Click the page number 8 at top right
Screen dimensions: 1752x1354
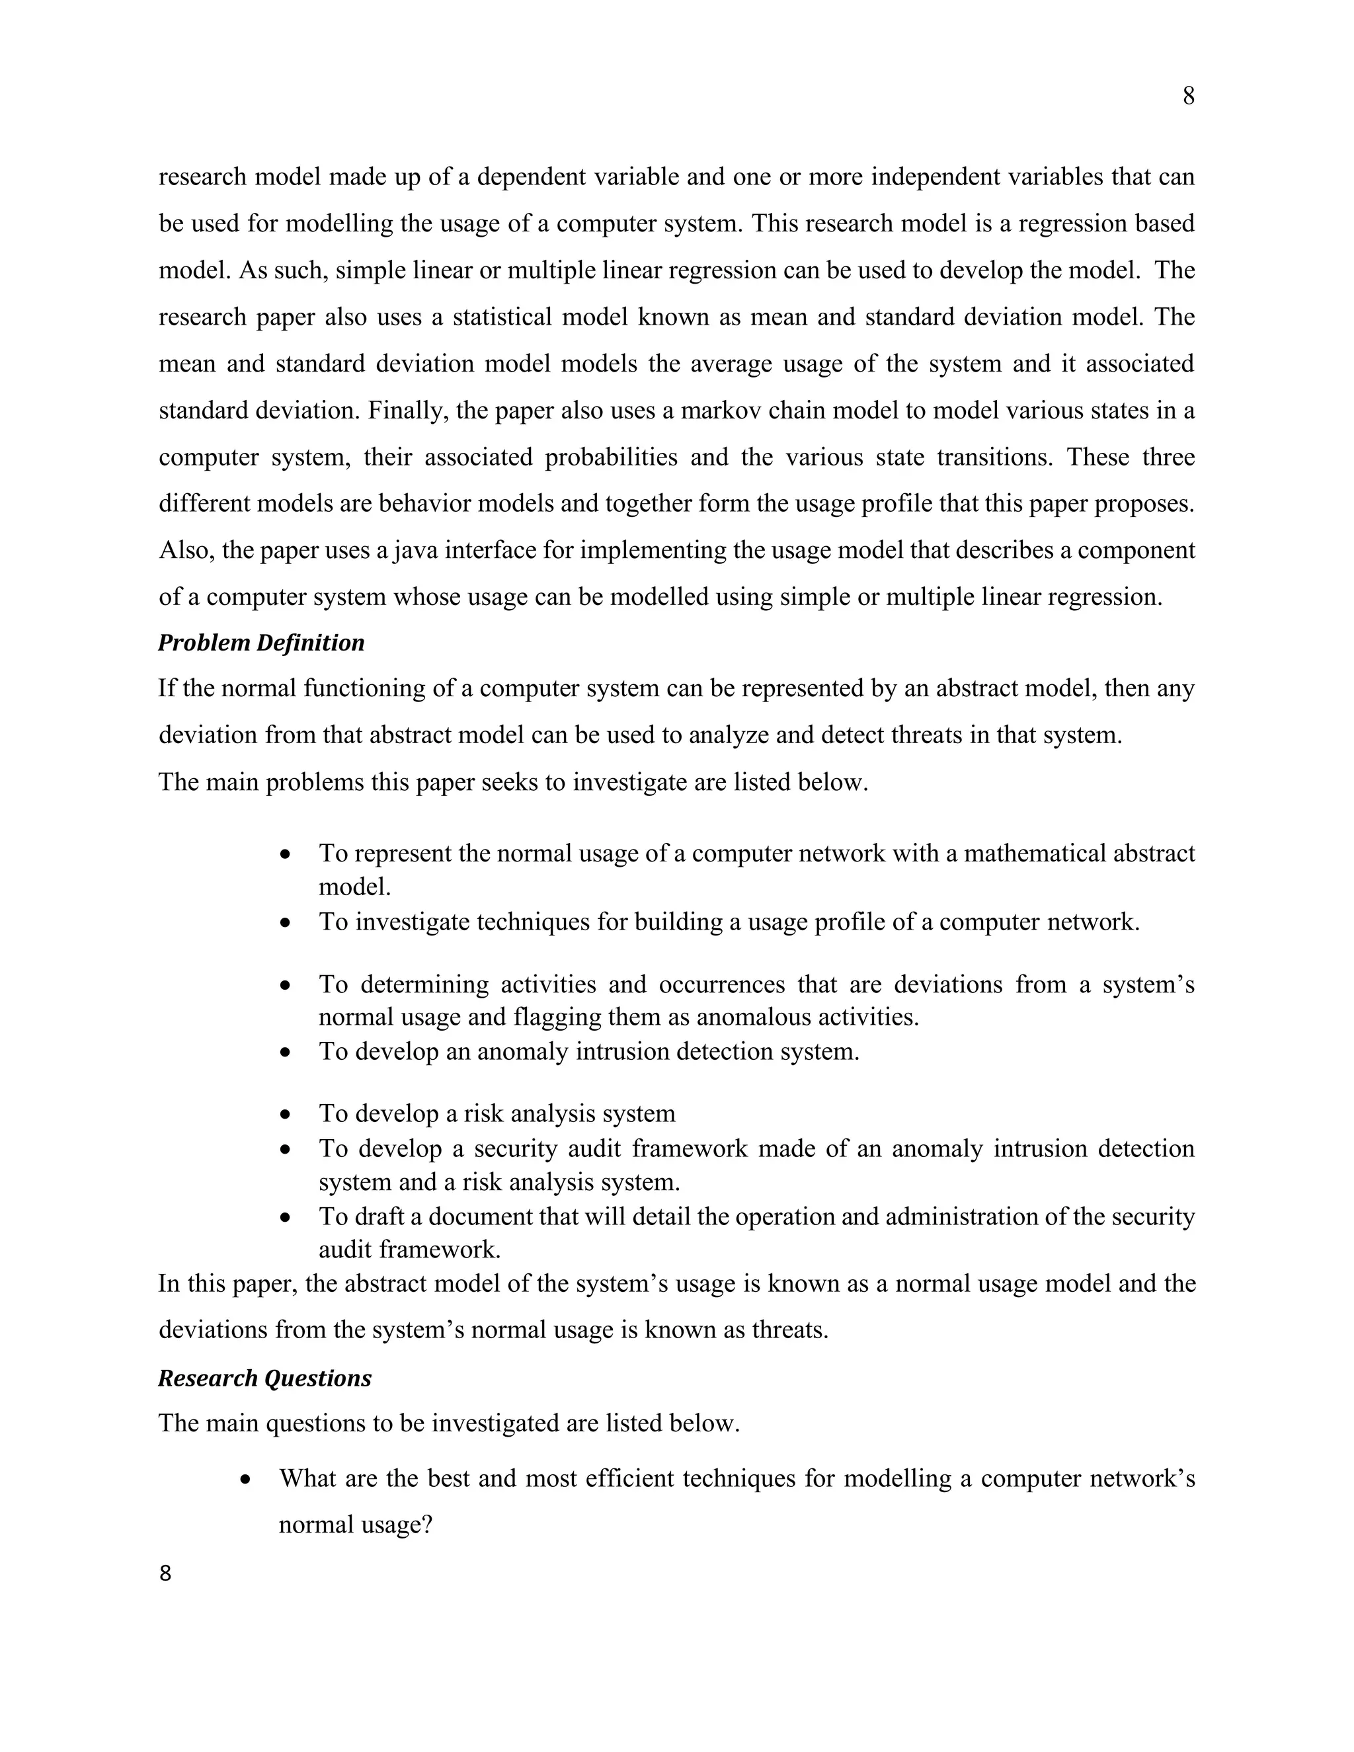pyautogui.click(x=1188, y=97)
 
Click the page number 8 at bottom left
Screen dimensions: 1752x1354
pyautogui.click(x=165, y=1573)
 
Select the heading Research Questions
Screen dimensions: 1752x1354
pyautogui.click(x=264, y=1378)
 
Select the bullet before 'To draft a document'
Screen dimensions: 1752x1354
pyautogui.click(x=286, y=1218)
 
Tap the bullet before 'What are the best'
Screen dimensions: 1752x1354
pyautogui.click(x=246, y=1478)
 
